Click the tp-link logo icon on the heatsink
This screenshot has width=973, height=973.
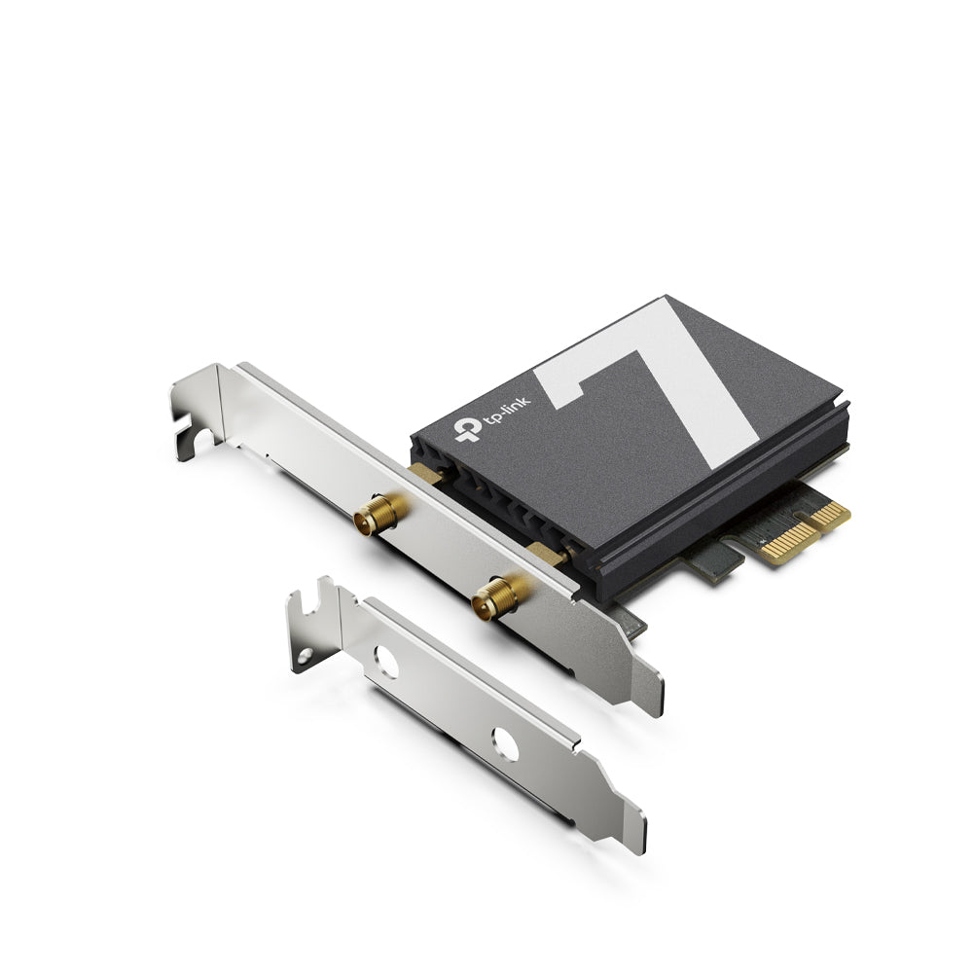pos(468,428)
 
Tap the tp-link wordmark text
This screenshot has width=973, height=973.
pos(507,411)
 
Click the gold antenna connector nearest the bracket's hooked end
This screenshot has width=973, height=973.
pos(379,513)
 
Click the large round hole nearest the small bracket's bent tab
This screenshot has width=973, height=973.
pos(386,662)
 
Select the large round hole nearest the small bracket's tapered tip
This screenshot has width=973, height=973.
pos(505,744)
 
